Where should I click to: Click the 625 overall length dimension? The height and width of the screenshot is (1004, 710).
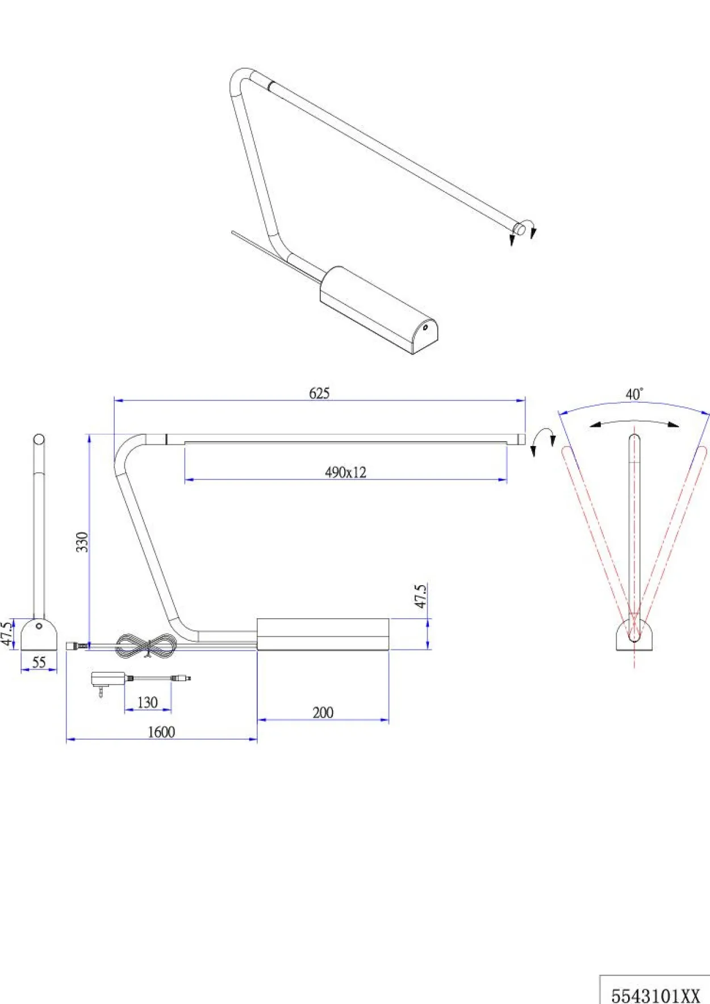(319, 393)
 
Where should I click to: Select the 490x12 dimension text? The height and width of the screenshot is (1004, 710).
(345, 472)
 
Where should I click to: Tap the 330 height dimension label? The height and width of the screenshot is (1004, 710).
(82, 542)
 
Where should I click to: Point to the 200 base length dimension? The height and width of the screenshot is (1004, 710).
(323, 713)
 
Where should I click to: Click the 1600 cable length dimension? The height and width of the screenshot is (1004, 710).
(161, 732)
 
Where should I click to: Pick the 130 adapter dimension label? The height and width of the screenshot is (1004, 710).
(147, 702)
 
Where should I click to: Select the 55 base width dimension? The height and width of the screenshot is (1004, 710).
(39, 662)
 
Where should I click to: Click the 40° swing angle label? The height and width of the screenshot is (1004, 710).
(634, 394)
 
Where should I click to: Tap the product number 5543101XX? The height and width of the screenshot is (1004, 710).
(655, 995)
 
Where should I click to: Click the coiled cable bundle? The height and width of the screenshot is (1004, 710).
(147, 646)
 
